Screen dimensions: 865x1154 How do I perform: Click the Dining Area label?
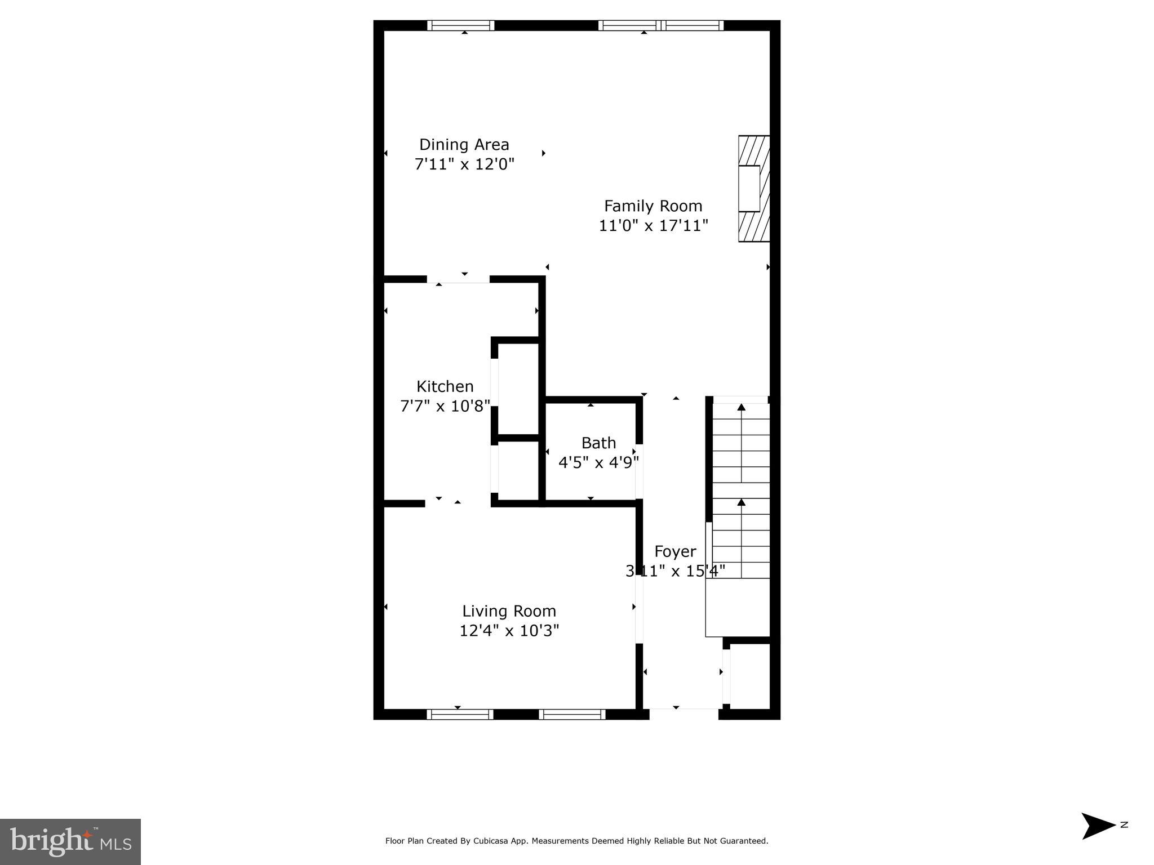tap(464, 145)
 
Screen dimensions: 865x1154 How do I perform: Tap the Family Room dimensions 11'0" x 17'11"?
tap(653, 226)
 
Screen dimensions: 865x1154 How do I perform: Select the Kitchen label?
tap(445, 386)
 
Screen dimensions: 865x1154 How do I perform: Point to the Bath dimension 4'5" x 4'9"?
tap(598, 462)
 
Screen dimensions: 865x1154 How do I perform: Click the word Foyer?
tap(675, 551)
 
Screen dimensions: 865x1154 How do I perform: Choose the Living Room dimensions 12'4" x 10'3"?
tap(509, 630)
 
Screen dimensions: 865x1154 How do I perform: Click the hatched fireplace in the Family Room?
tap(754, 189)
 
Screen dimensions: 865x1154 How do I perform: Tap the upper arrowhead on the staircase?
tap(742, 407)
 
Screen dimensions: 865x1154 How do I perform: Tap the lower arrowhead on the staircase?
tap(742, 502)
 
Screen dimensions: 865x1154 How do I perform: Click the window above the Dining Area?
tap(460, 25)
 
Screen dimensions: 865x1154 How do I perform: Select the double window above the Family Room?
tap(660, 25)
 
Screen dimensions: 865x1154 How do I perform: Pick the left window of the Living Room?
tap(460, 714)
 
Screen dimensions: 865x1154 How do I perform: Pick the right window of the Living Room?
tap(572, 714)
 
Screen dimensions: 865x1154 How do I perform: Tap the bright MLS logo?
tap(70, 842)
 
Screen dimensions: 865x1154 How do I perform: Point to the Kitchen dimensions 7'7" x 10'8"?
tap(445, 406)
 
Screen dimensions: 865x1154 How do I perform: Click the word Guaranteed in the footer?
tap(743, 841)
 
